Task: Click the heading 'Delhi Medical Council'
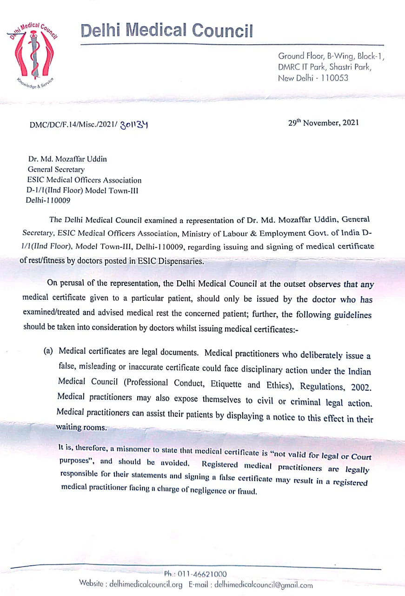coord(167,30)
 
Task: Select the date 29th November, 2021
coord(324,123)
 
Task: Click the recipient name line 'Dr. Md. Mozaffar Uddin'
coord(67,159)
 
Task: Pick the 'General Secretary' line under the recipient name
coord(56,169)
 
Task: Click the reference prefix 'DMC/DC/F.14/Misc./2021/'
coord(73,125)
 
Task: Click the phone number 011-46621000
coord(202,575)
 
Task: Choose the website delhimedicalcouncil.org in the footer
coord(146,584)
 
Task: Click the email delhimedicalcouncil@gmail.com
coord(265,585)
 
